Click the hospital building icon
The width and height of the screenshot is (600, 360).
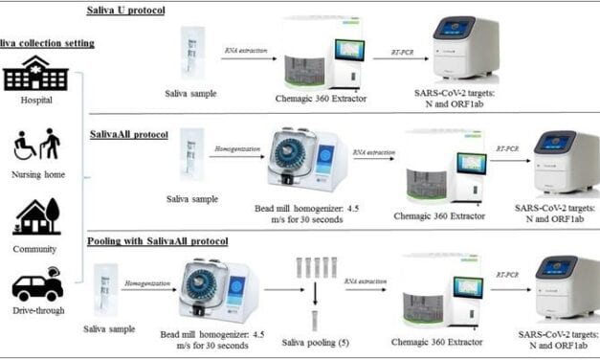(x=36, y=73)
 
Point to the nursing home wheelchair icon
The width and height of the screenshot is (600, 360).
(x=36, y=145)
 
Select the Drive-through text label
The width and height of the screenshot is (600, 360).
(x=37, y=313)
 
